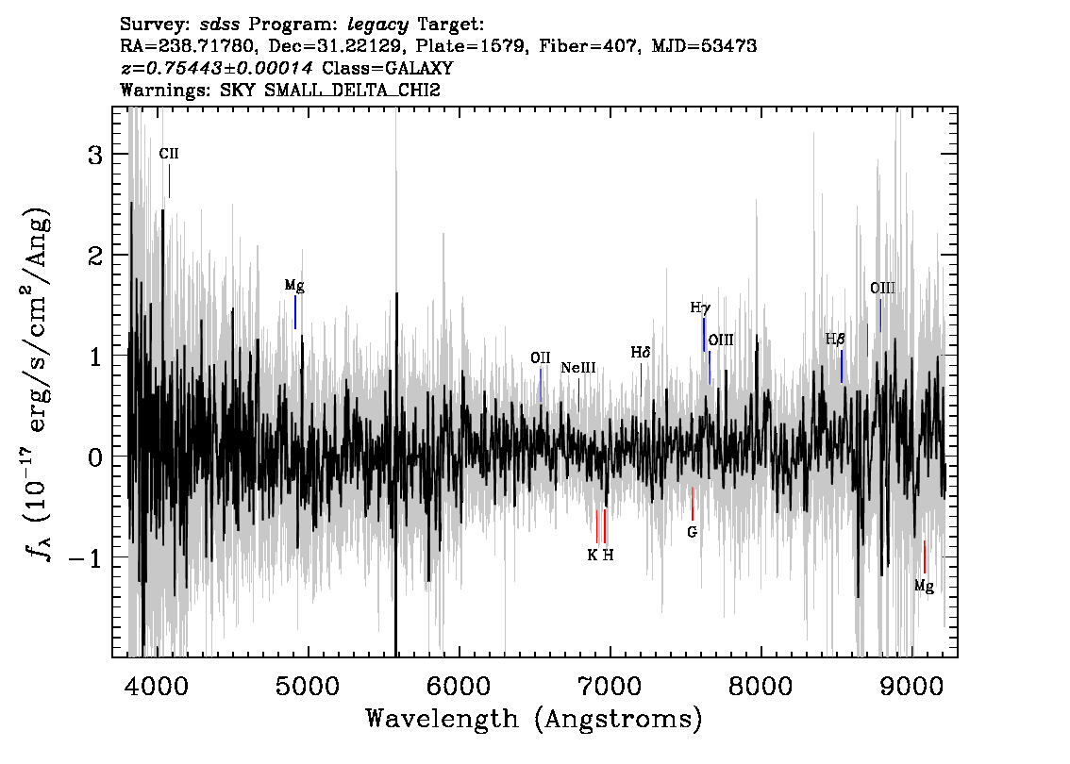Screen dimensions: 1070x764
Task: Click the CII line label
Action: click(169, 154)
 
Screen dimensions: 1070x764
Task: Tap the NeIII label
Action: click(578, 369)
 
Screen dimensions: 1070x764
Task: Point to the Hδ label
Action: click(640, 352)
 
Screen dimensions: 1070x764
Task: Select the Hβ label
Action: click(835, 339)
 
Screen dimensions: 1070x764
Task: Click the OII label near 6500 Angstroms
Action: click(541, 358)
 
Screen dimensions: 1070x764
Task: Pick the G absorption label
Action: click(692, 532)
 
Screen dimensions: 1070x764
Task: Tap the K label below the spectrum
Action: click(593, 556)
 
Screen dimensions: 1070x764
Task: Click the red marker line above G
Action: click(692, 504)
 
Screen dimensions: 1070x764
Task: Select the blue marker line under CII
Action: click(169, 181)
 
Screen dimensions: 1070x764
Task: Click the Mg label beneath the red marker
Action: click(924, 586)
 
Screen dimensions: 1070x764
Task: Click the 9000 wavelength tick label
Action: click(911, 685)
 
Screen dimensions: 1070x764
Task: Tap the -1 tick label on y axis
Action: click(85, 558)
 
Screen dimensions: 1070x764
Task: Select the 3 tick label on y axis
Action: click(95, 155)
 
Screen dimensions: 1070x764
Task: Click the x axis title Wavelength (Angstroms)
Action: click(534, 719)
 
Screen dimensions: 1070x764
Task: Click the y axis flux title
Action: click(39, 386)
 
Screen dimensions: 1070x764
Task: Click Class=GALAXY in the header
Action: click(388, 68)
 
